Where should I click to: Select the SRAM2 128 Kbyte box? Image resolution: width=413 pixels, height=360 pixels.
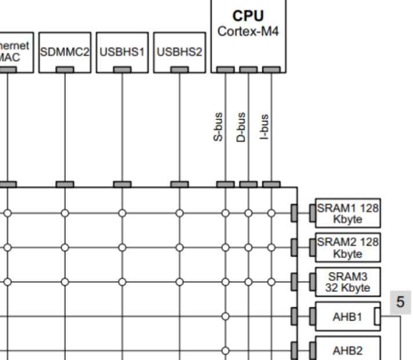tap(346, 248)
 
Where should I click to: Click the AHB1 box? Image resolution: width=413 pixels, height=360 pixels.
tap(346, 317)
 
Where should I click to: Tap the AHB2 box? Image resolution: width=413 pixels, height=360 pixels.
tap(346, 351)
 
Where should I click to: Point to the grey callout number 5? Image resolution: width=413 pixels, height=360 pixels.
tap(400, 302)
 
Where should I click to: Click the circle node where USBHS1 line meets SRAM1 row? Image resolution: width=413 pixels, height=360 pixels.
tap(122, 212)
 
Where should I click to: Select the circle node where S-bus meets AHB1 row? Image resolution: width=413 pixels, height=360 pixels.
tap(225, 317)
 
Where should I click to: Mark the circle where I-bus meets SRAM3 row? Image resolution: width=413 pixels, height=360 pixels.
tap(271, 284)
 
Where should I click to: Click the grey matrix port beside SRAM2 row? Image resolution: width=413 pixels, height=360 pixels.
tap(294, 248)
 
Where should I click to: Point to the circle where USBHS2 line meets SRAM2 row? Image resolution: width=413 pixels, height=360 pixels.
tap(180, 248)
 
